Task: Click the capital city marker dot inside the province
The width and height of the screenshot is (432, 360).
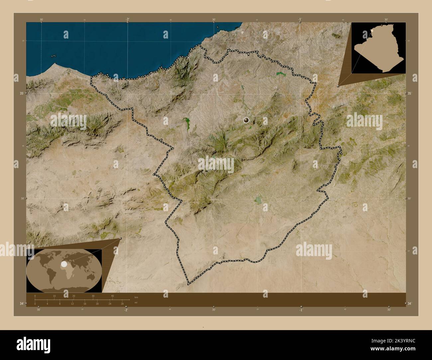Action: (246, 120)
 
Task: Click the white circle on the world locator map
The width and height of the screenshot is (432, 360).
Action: (64, 264)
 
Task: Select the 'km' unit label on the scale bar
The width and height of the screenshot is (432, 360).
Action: (136, 297)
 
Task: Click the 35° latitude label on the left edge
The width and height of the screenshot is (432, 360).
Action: (21, 94)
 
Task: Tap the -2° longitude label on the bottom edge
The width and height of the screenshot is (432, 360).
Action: (126, 310)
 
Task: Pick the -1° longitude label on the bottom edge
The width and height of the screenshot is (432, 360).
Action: (301, 310)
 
